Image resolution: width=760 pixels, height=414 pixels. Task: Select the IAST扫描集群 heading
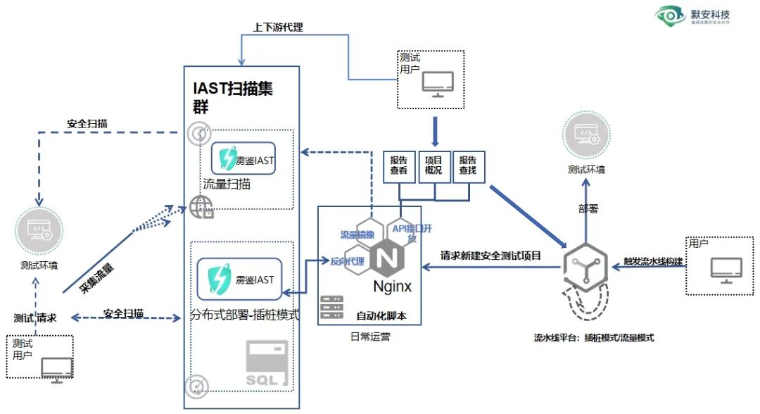234,98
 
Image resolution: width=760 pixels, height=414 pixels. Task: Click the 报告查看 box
399,165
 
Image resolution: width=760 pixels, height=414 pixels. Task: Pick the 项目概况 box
434,165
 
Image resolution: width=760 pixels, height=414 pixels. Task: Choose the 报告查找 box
469,165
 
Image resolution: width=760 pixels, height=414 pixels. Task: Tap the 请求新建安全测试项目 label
490,256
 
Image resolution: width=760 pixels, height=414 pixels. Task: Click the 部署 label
586,209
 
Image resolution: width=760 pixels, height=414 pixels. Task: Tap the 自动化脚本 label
381,314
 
